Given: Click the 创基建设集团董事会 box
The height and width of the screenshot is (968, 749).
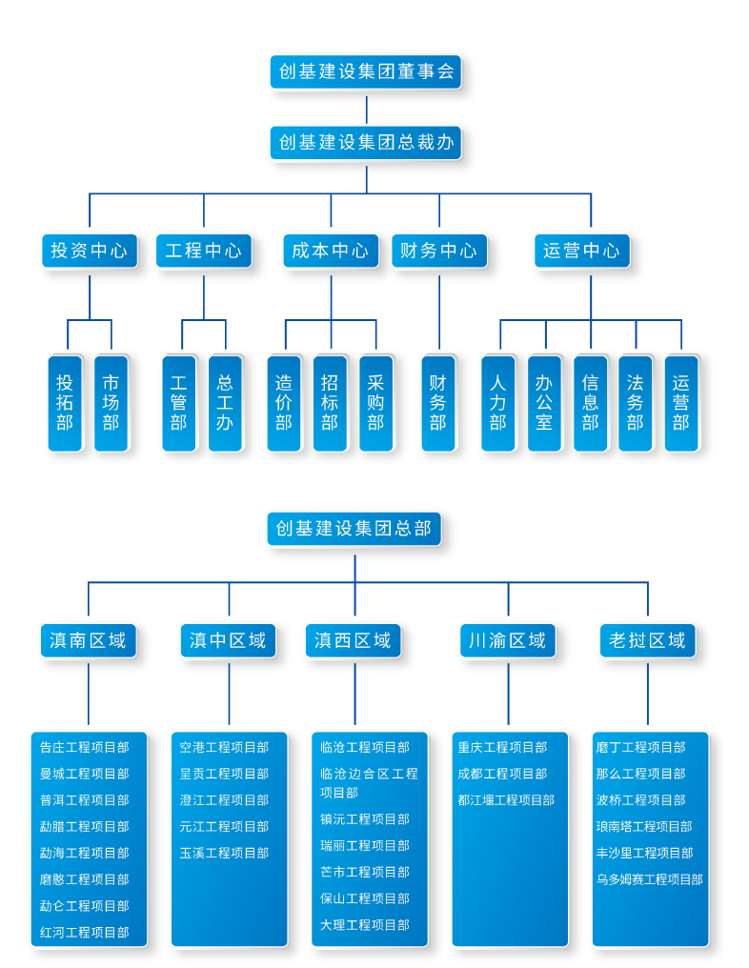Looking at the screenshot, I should click(x=367, y=71).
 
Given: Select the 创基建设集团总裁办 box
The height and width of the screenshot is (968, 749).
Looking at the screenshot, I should click(x=367, y=143).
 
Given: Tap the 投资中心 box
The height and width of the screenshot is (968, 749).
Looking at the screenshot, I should click(x=89, y=251).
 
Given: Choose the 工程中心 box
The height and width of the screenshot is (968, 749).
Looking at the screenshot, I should click(x=203, y=251).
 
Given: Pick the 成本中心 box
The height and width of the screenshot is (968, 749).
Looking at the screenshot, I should click(x=330, y=251).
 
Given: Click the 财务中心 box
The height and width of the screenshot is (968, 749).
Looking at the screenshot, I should click(x=438, y=251).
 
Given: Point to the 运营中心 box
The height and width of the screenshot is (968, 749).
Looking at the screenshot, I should click(x=581, y=251).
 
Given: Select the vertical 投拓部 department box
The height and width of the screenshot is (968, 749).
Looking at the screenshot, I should click(x=65, y=402).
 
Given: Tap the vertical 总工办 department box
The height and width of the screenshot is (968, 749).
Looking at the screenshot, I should click(x=225, y=402).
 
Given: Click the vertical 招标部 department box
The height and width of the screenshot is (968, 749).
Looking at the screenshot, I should click(x=330, y=402).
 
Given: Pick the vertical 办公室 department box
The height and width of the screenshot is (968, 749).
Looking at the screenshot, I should click(x=544, y=402).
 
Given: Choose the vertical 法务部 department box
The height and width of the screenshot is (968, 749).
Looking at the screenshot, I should click(x=636, y=402).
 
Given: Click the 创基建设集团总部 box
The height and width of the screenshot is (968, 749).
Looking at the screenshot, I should click(x=354, y=528).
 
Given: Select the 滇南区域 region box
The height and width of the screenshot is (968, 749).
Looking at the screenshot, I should click(x=88, y=640).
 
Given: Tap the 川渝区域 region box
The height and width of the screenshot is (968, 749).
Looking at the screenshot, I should click(x=507, y=640).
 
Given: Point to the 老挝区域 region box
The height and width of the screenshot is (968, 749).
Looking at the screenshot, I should click(x=647, y=640).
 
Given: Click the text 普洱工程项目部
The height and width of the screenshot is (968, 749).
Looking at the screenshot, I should click(x=84, y=800).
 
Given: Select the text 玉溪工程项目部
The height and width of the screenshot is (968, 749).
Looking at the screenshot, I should click(x=224, y=853).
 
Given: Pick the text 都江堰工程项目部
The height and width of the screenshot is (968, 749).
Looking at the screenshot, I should click(x=506, y=800).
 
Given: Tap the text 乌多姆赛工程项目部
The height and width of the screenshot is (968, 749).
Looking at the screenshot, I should click(x=649, y=879).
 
